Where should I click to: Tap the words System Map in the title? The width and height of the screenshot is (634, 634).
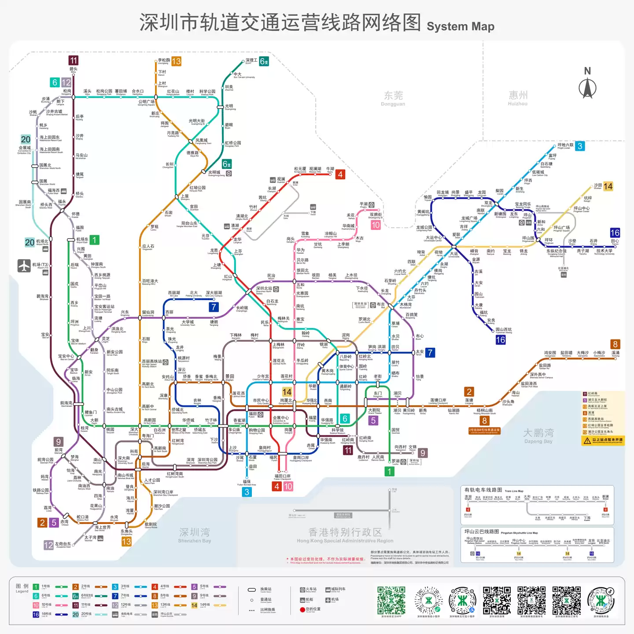pos(460,26)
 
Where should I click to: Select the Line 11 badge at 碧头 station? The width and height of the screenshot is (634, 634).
pos(74,60)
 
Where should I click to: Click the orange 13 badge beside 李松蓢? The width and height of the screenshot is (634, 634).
pos(176,62)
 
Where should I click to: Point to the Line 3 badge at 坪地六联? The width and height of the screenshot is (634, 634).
pos(580,146)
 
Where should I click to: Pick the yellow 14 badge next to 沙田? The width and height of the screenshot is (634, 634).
pos(608,186)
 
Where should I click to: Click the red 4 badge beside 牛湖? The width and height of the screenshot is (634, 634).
pos(340,174)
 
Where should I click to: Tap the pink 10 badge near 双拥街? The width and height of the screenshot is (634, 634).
pos(376,225)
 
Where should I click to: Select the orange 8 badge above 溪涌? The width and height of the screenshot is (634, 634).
pos(615,344)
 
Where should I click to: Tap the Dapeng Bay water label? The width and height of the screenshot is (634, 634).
pos(538,436)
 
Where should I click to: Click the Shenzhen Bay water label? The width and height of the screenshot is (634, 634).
pos(195,534)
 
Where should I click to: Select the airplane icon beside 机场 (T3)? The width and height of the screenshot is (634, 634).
pos(24,266)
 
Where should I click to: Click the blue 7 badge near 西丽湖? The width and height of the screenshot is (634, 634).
pos(214,307)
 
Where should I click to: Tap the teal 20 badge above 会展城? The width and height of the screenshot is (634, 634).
pos(26,139)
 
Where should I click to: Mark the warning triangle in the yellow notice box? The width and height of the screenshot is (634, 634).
pos(587,440)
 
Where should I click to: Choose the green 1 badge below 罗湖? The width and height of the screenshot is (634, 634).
pos(389,472)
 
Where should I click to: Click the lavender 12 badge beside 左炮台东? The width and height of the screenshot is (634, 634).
pos(48,545)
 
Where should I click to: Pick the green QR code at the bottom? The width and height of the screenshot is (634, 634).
pos(391,600)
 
